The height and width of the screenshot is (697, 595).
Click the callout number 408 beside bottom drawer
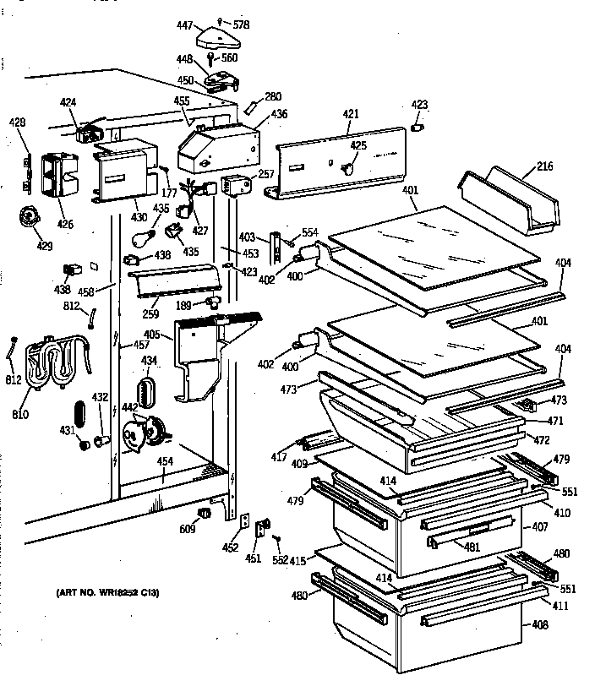coord(563,626)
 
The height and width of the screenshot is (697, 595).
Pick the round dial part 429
coord(30,218)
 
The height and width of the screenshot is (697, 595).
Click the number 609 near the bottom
coord(188,529)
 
